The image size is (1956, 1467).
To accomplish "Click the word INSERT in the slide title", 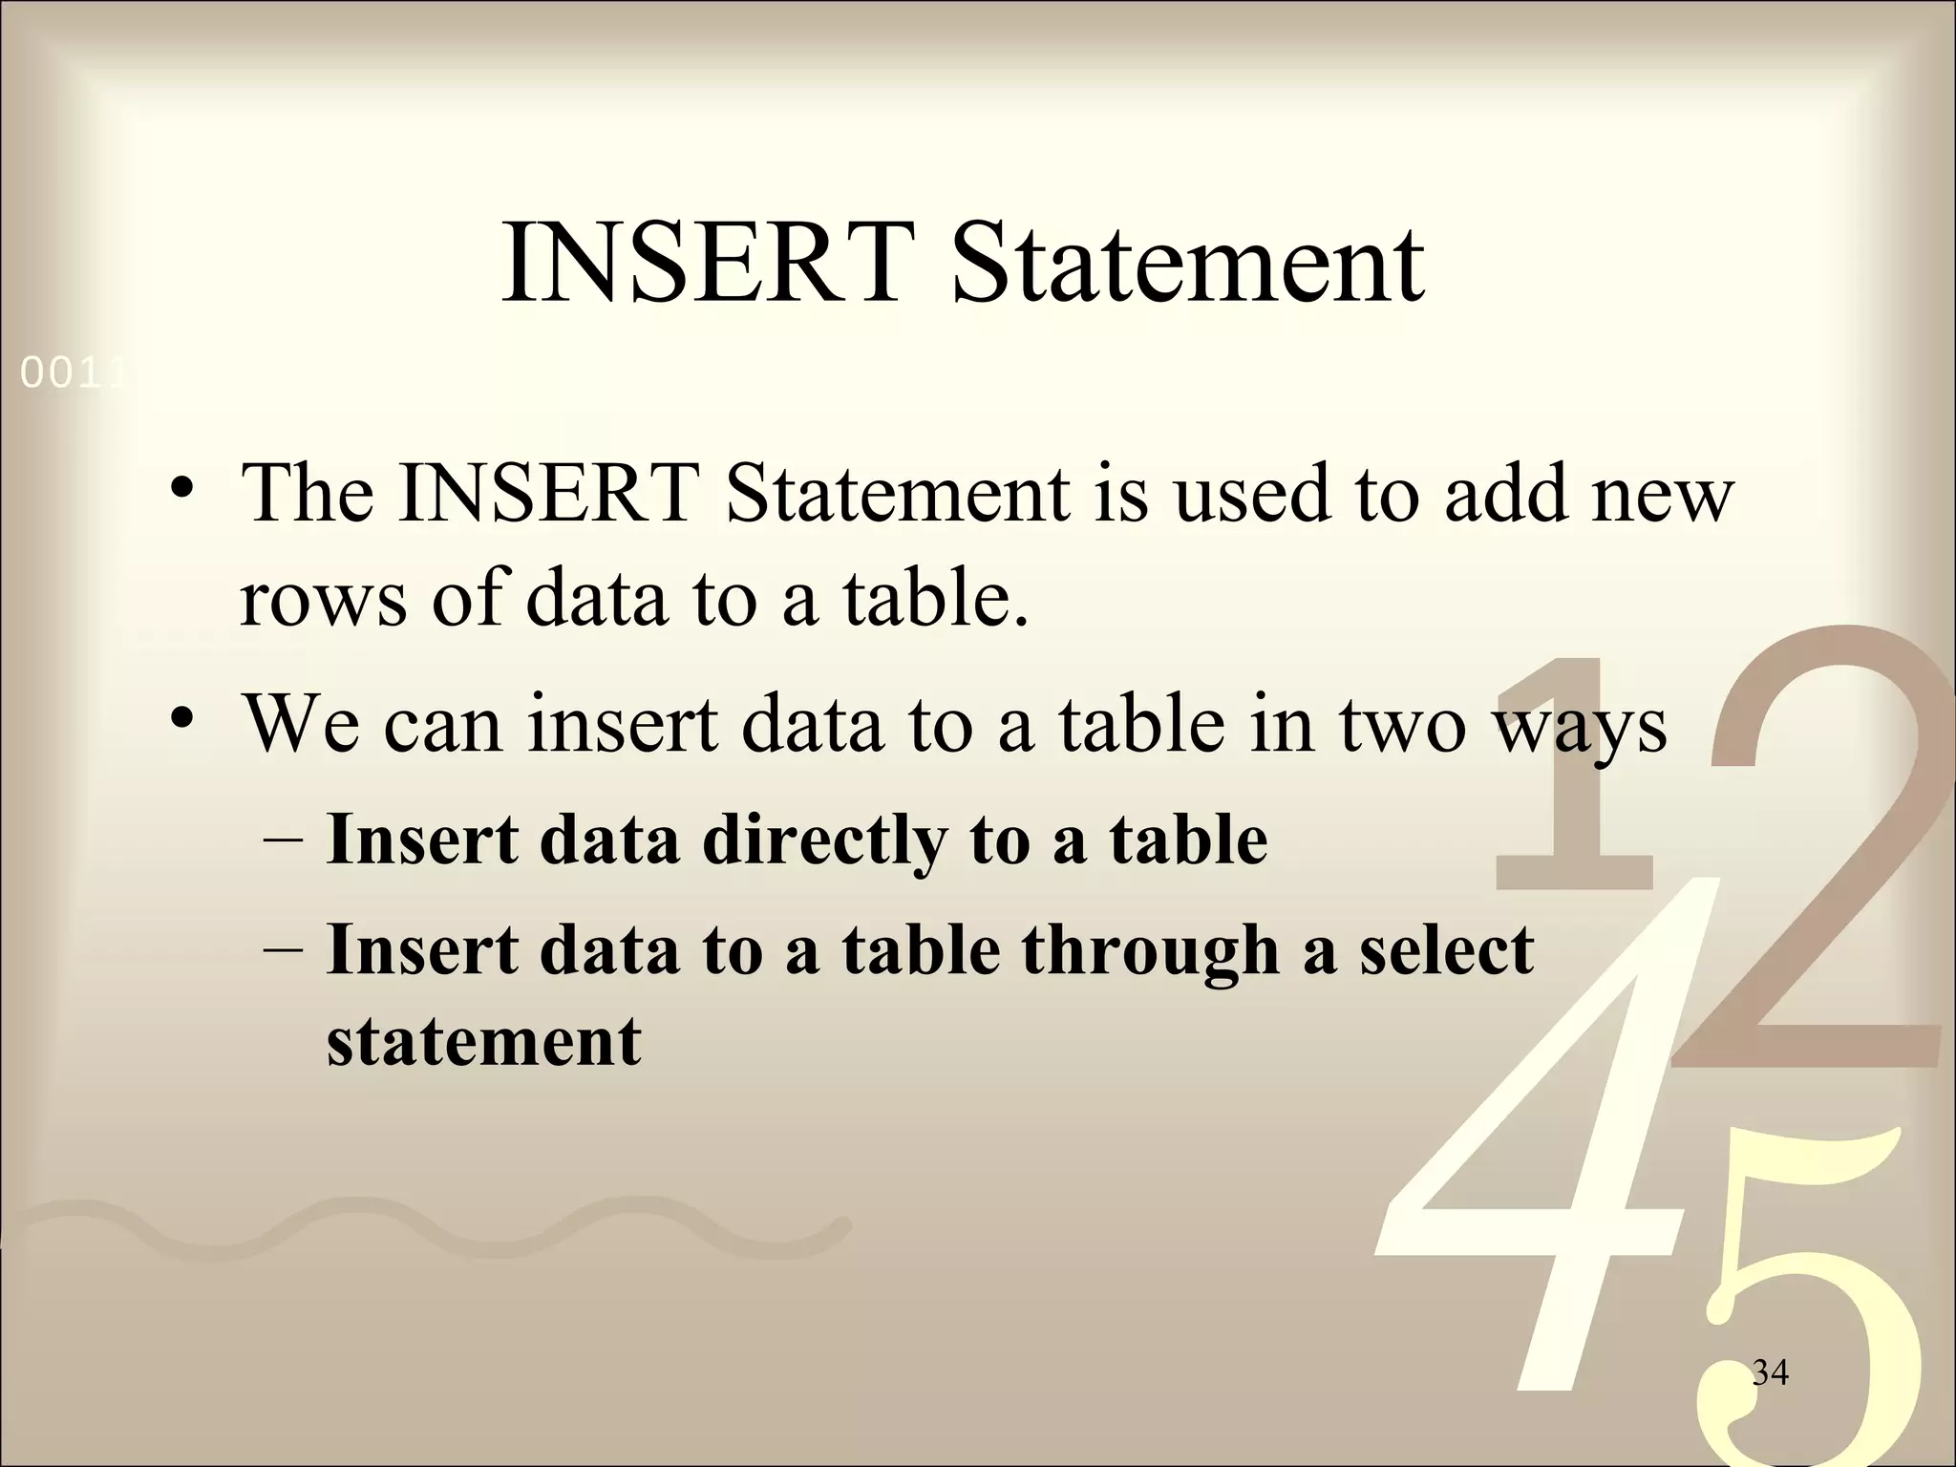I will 702,262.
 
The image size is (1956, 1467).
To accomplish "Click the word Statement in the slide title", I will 1188,262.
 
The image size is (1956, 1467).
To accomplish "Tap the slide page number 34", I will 1770,1372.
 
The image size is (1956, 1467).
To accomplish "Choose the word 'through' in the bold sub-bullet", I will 1150,952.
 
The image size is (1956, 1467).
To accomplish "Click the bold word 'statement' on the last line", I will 483,1040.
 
